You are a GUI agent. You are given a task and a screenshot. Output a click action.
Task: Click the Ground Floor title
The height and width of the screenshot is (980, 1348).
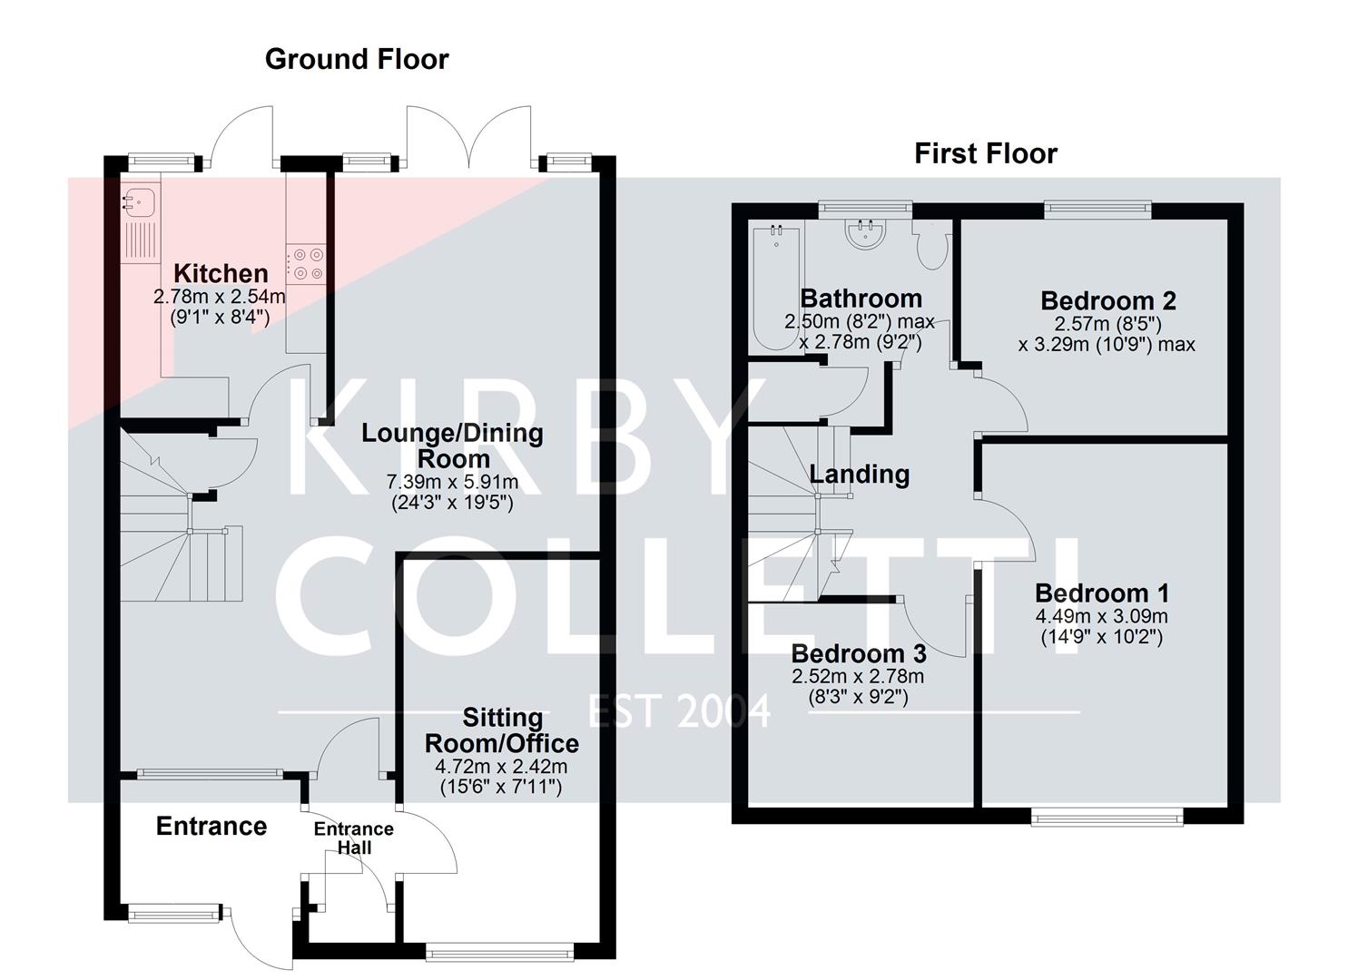(x=357, y=60)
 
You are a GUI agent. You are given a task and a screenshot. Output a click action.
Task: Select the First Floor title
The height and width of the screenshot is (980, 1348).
(x=985, y=154)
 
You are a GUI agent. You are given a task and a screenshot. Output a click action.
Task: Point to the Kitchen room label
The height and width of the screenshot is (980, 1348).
(x=221, y=273)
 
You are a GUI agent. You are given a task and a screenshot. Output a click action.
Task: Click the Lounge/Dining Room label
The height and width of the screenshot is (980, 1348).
(x=452, y=446)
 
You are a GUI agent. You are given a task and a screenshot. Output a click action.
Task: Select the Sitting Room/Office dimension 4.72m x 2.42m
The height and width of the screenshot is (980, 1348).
(x=501, y=768)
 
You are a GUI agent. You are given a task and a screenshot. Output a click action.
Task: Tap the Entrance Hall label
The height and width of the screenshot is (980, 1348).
(x=353, y=838)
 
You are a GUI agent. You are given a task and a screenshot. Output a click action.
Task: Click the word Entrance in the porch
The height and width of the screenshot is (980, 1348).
(x=212, y=826)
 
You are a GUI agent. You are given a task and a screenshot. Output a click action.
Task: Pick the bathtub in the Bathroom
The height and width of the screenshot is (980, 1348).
(x=775, y=288)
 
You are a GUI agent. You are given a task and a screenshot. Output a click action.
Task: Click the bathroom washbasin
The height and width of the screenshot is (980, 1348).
(x=866, y=234)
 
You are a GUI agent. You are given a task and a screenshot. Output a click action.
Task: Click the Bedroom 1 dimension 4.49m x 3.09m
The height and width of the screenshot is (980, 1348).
(x=1101, y=617)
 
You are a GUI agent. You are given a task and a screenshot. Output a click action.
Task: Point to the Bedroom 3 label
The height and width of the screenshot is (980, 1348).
(x=858, y=653)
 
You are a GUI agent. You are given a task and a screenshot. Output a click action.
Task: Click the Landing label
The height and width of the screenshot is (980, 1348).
(x=859, y=474)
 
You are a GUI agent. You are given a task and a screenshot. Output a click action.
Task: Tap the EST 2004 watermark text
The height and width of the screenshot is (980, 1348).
(x=679, y=710)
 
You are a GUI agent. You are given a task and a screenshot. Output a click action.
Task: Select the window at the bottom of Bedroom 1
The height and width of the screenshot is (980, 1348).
(x=1107, y=818)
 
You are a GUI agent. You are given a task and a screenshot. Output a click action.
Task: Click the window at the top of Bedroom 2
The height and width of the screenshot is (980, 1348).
(x=1097, y=210)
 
